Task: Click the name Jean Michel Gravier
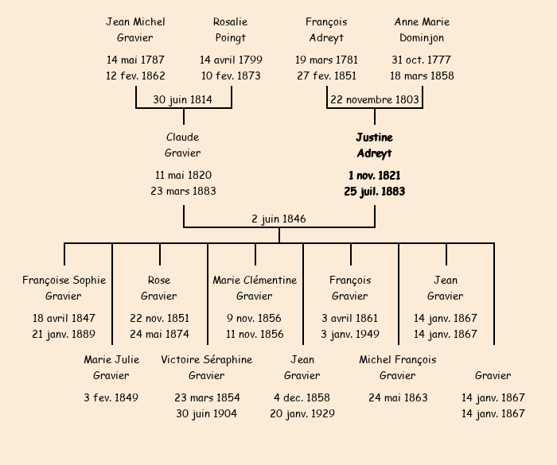pyautogui.click(x=134, y=29)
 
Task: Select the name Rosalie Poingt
pyautogui.click(x=230, y=29)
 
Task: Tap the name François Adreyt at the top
pyautogui.click(x=326, y=29)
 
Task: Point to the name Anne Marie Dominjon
pyautogui.click(x=422, y=29)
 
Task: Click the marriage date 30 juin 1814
pyautogui.click(x=182, y=99)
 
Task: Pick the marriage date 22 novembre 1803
pyautogui.click(x=374, y=99)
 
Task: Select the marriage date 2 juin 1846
pyautogui.click(x=278, y=219)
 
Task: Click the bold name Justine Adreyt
pyautogui.click(x=374, y=145)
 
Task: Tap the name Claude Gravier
pyautogui.click(x=182, y=145)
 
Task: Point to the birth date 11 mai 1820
pyautogui.click(x=183, y=175)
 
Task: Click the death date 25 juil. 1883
pyautogui.click(x=374, y=192)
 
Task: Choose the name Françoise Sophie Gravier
pyautogui.click(x=64, y=288)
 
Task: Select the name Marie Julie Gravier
pyautogui.click(x=111, y=367)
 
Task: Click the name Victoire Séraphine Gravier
pyautogui.click(x=207, y=367)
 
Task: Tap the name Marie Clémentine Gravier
pyautogui.click(x=255, y=288)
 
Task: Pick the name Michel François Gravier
pyautogui.click(x=398, y=367)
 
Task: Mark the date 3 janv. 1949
pyautogui.click(x=350, y=334)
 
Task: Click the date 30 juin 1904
pyautogui.click(x=207, y=413)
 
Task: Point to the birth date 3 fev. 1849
pyautogui.click(x=111, y=397)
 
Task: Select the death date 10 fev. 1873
pyautogui.click(x=231, y=76)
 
